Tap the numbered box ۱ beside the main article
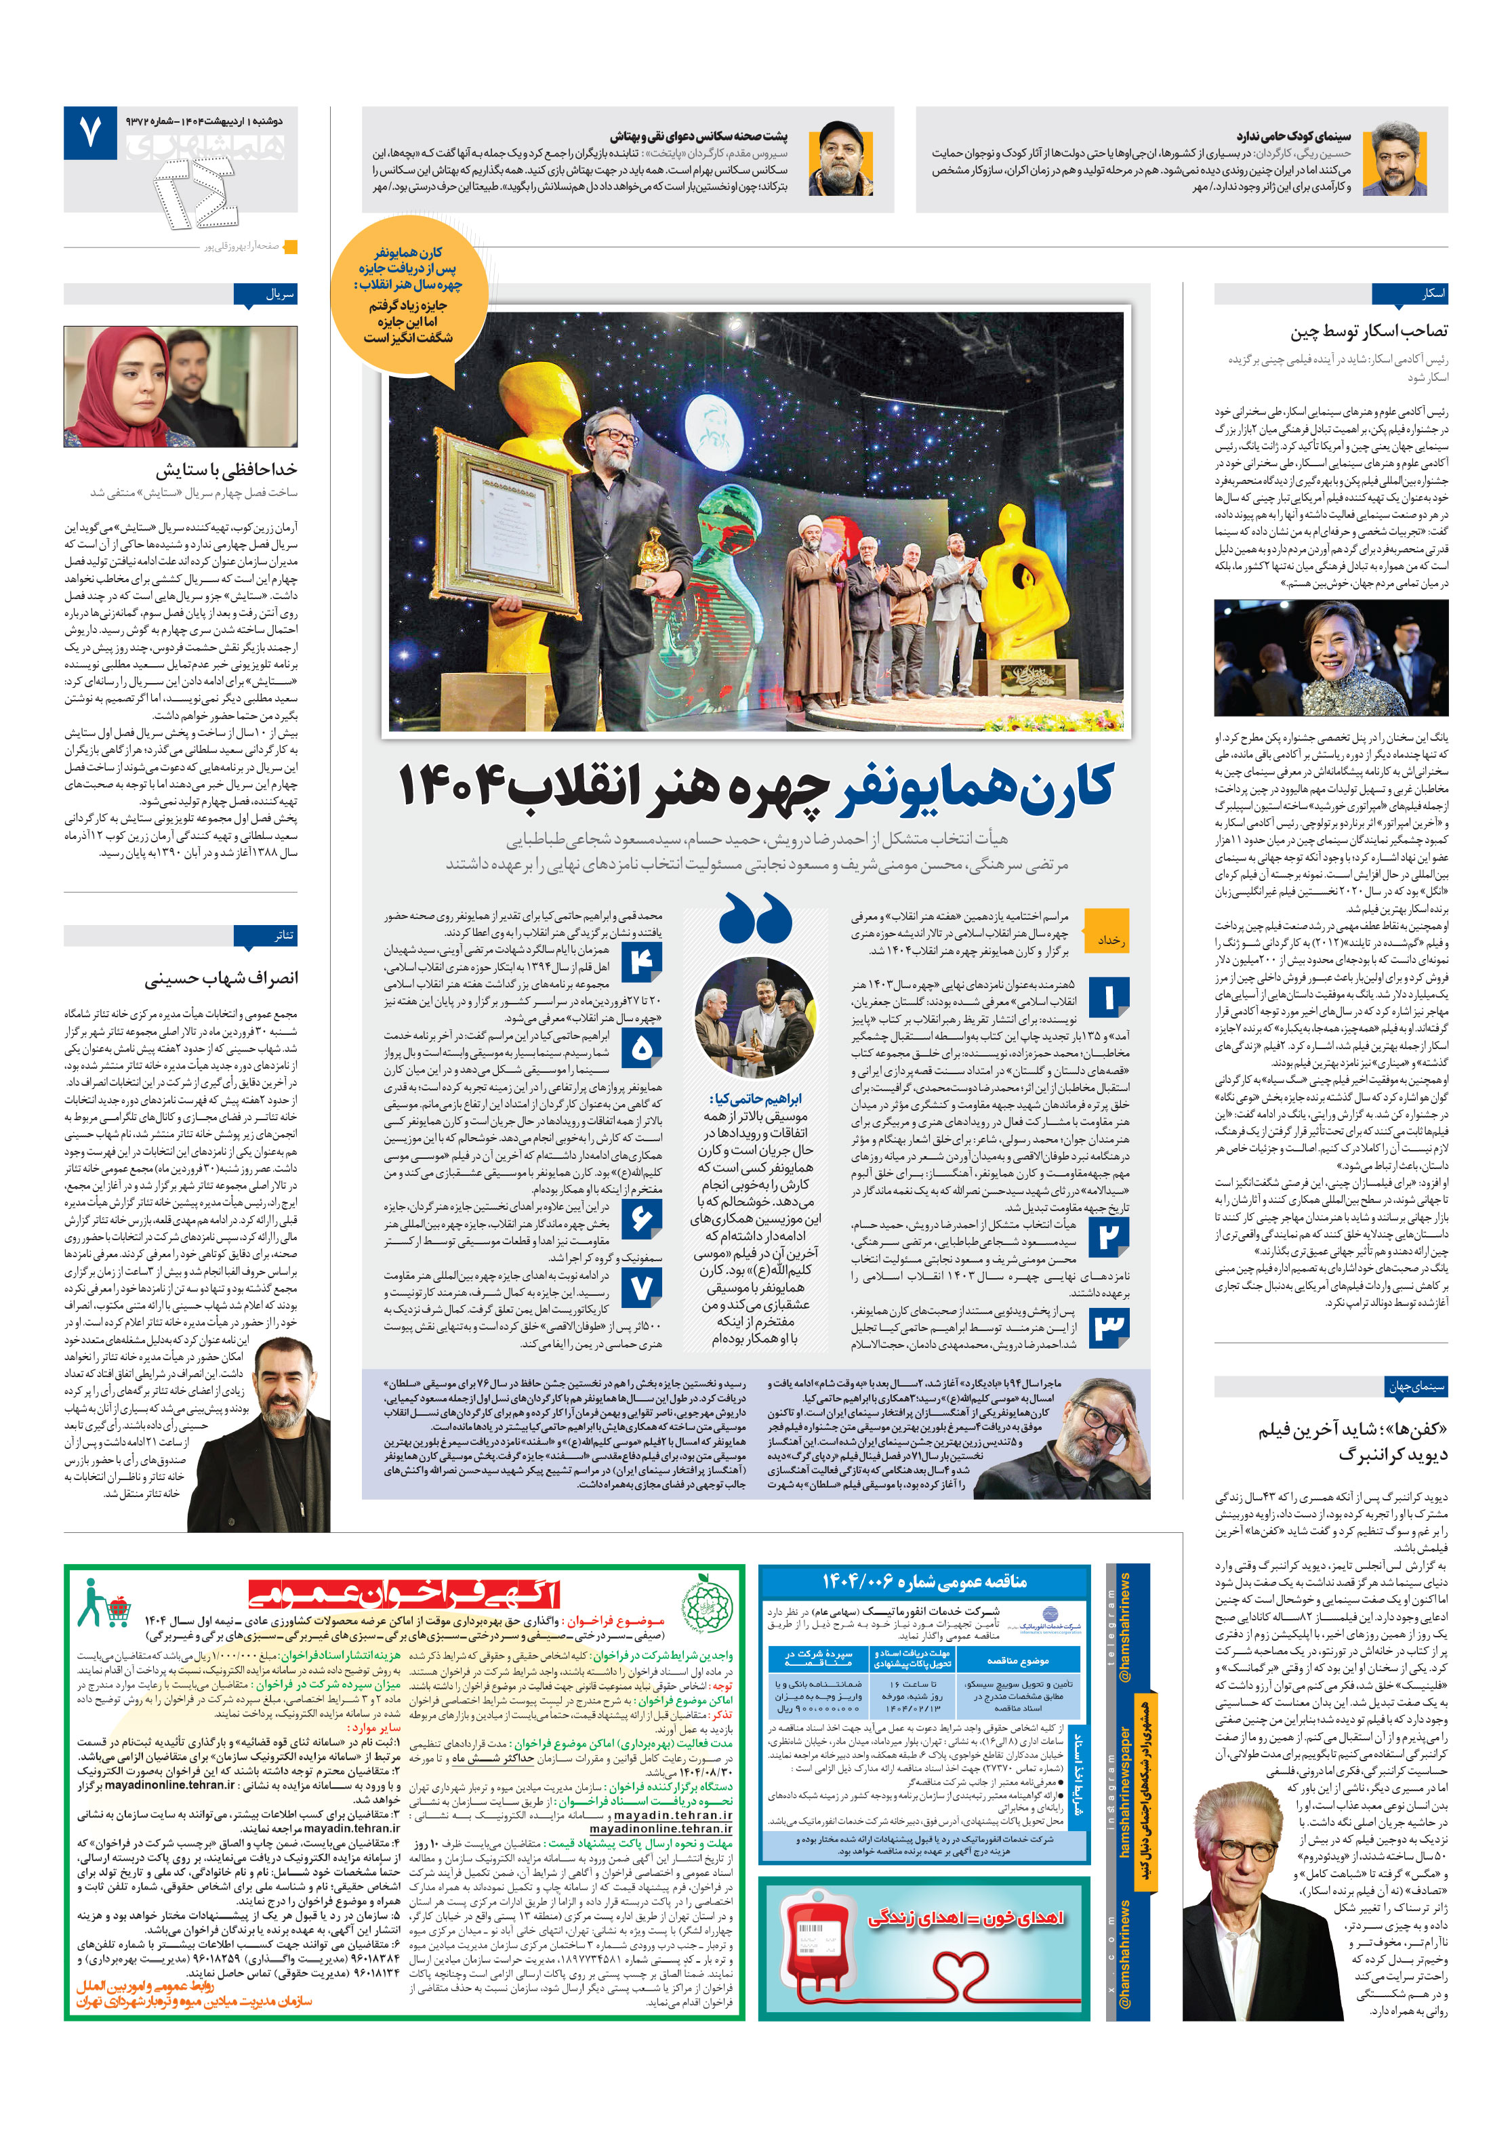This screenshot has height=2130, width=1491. click(x=1108, y=998)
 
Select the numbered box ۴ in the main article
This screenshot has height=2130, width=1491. click(x=641, y=962)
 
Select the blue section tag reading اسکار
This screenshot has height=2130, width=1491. click(x=1433, y=294)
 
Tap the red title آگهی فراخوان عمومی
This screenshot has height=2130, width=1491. click(x=405, y=1594)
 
